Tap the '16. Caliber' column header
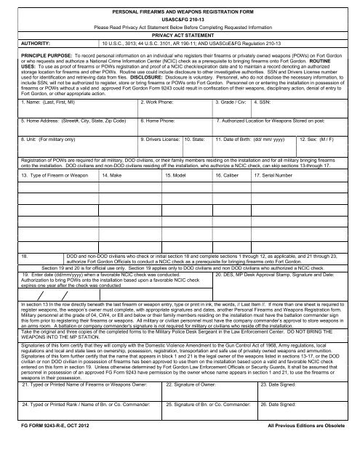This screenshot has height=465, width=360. (231, 176)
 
